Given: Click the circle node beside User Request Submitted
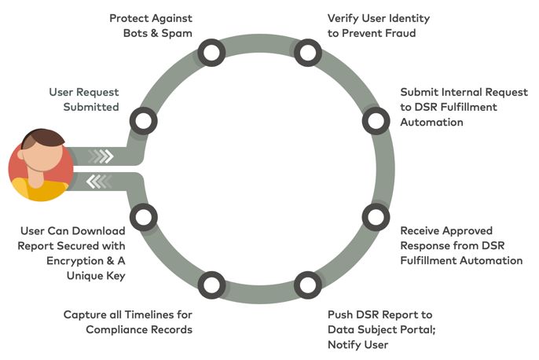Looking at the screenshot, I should [x=142, y=121].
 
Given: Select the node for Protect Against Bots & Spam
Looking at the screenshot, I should [x=210, y=53].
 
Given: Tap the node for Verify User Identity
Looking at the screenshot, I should [x=307, y=53].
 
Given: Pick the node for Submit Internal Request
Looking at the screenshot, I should [x=375, y=121].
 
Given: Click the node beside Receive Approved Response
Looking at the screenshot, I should [x=375, y=215].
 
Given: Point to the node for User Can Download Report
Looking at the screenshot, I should [x=142, y=215].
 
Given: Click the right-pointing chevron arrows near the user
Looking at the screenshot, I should [x=101, y=156].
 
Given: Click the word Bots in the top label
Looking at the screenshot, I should [x=136, y=33].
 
